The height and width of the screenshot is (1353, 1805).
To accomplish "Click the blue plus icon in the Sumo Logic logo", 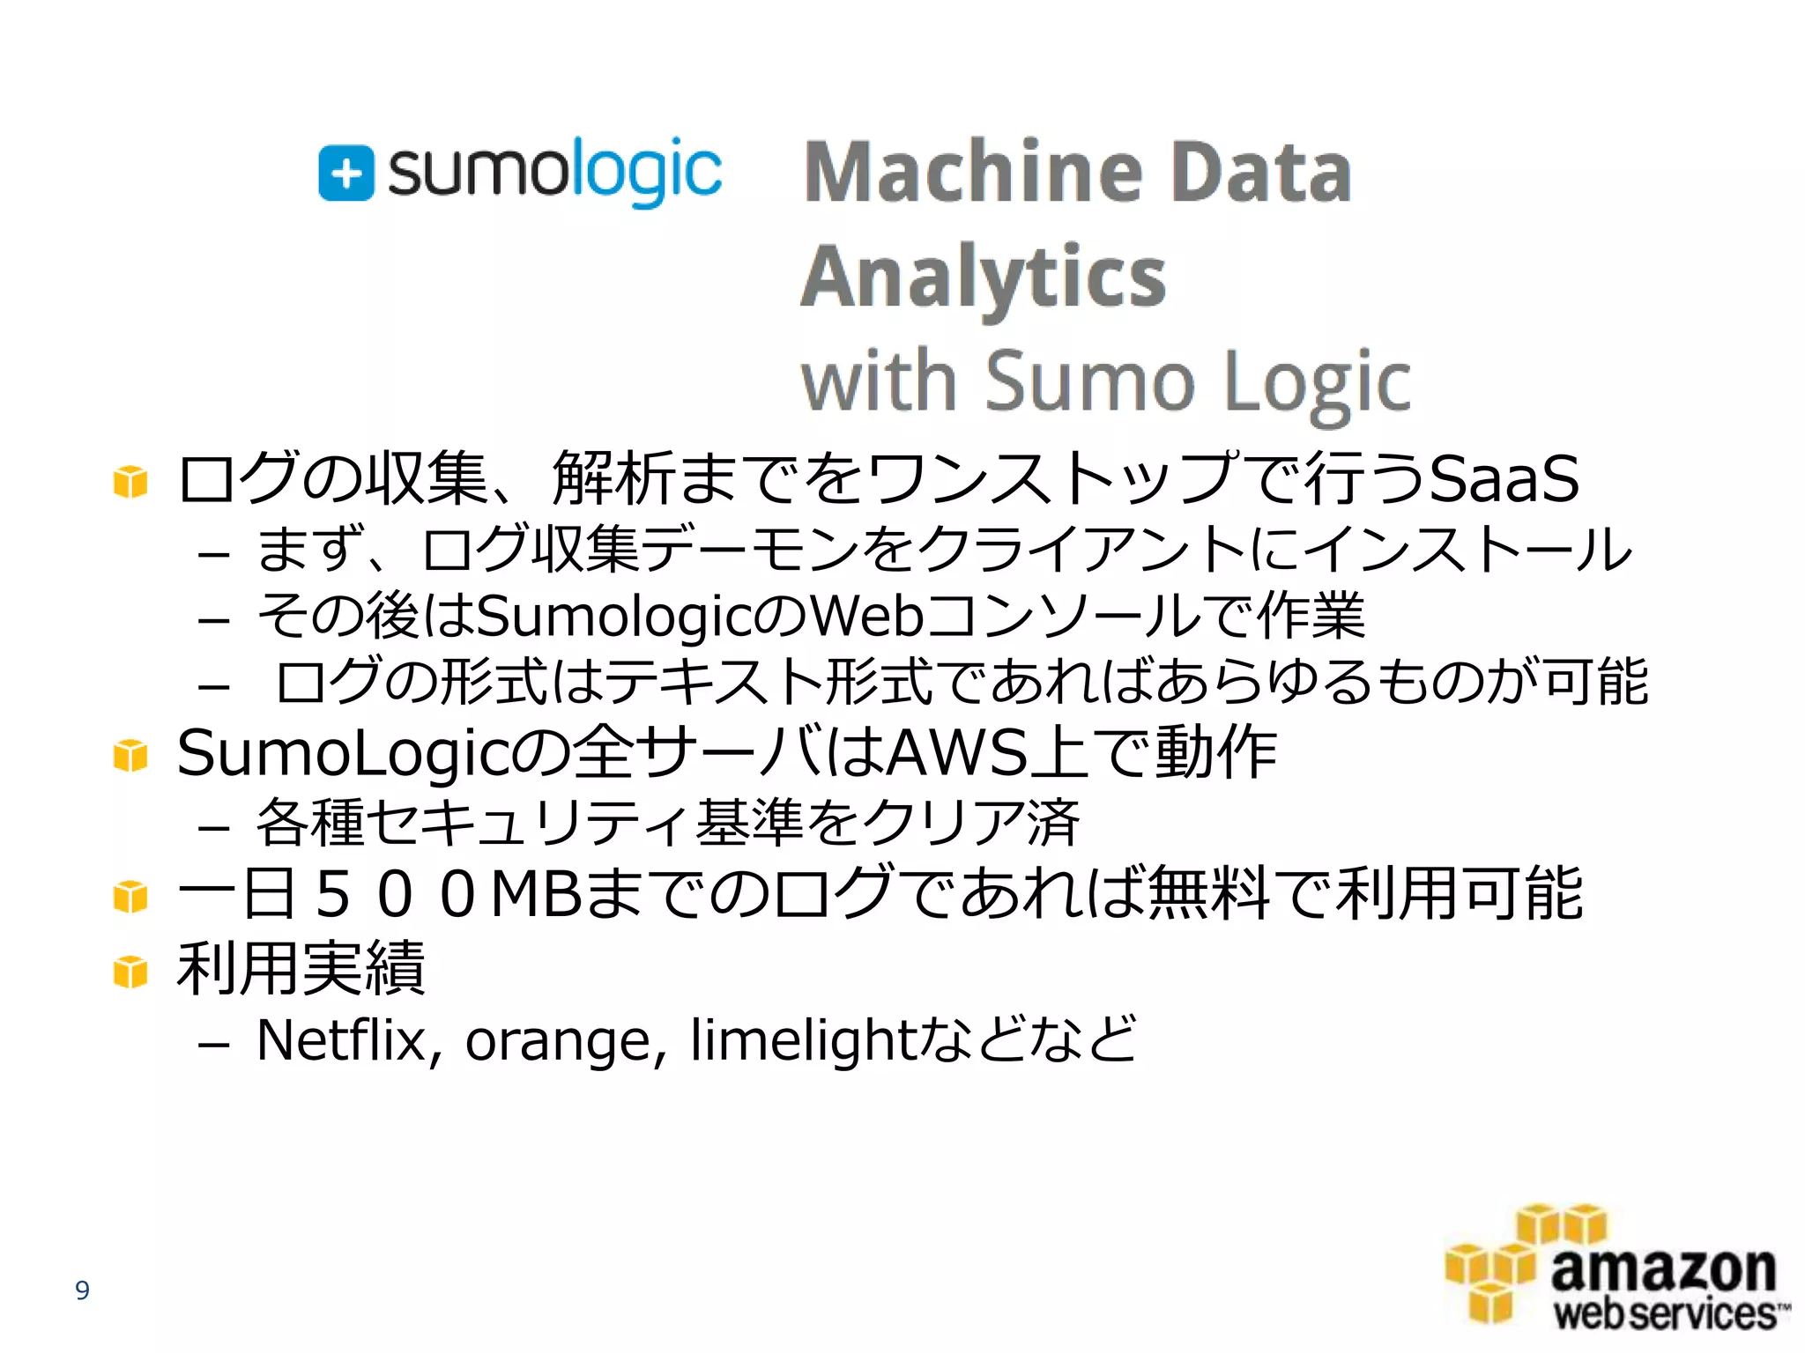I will point(345,173).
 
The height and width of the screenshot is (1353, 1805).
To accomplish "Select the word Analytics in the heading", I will point(984,278).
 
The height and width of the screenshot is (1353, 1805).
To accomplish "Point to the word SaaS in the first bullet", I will point(1504,479).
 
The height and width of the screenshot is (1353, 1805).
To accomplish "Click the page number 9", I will point(82,1290).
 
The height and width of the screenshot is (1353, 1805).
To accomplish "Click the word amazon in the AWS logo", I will point(1663,1270).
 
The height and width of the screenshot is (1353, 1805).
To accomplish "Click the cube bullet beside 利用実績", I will point(130,972).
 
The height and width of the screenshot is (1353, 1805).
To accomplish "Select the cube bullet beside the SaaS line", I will point(130,482).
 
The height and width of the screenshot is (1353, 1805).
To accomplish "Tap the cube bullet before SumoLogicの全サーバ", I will point(130,755).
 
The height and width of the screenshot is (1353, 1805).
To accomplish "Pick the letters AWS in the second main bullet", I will point(956,754).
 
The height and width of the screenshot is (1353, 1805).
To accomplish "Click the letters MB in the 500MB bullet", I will point(536,895).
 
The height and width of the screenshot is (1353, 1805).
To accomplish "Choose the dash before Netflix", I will point(214,1045).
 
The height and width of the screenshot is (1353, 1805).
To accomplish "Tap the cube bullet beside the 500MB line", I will point(130,897).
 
